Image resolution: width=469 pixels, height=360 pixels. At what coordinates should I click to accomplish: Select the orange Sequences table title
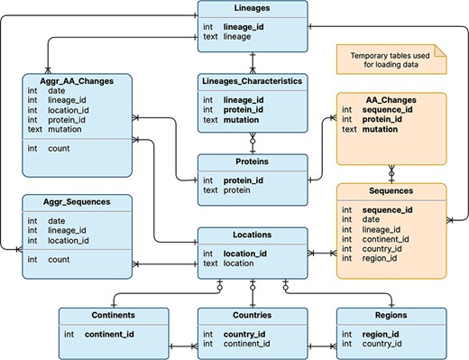pos(391,191)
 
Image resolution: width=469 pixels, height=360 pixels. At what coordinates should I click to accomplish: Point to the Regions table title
pos(391,316)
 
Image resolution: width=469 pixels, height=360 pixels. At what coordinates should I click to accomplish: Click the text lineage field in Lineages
pos(237,38)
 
